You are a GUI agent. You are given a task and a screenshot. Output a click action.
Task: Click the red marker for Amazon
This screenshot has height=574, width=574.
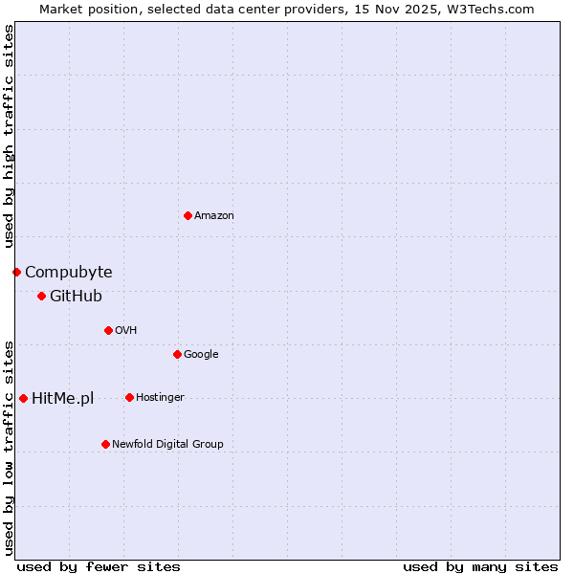[188, 215]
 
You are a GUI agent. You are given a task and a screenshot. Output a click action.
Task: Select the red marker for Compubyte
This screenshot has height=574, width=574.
[16, 273]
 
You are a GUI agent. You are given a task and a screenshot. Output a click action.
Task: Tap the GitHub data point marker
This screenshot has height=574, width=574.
[41, 297]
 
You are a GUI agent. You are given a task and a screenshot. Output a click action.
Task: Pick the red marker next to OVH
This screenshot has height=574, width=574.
[108, 331]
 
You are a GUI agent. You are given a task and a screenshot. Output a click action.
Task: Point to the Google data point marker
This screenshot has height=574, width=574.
[177, 355]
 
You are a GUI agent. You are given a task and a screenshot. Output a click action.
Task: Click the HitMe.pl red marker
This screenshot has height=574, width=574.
[23, 398]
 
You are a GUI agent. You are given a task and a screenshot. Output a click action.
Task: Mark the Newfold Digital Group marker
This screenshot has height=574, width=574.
[105, 444]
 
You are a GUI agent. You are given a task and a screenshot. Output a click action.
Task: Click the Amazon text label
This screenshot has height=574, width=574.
[214, 216]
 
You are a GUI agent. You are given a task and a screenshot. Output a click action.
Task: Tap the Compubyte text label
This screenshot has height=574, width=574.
[69, 273]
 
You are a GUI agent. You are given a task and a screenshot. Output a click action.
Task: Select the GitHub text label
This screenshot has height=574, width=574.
[76, 297]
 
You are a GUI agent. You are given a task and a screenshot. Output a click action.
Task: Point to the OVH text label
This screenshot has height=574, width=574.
[126, 331]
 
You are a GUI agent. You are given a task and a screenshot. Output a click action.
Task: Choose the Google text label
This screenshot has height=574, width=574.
[201, 355]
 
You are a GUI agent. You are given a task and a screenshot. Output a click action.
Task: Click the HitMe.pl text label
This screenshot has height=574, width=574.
[63, 399]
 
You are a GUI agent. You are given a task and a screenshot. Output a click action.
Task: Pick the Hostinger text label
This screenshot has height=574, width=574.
[160, 398]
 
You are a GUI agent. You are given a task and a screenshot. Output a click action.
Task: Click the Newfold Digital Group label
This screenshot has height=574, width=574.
[167, 445]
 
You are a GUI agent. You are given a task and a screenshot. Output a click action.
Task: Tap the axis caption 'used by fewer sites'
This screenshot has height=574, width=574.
[99, 566]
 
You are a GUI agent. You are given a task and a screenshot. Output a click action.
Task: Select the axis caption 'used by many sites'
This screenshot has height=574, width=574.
[480, 566]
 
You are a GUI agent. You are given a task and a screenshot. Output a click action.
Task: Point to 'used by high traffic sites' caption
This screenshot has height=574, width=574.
[9, 136]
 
